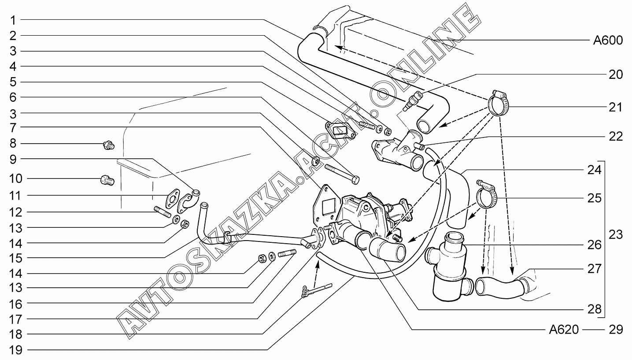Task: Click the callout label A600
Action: tap(608, 41)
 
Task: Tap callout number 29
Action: tap(615, 330)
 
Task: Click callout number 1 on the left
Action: tap(13, 20)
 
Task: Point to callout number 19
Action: tap(16, 350)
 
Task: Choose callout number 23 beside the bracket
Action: tap(615, 234)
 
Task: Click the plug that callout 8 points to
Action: tap(109, 145)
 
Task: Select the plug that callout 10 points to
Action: tap(107, 180)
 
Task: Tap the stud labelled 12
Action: tap(163, 212)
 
